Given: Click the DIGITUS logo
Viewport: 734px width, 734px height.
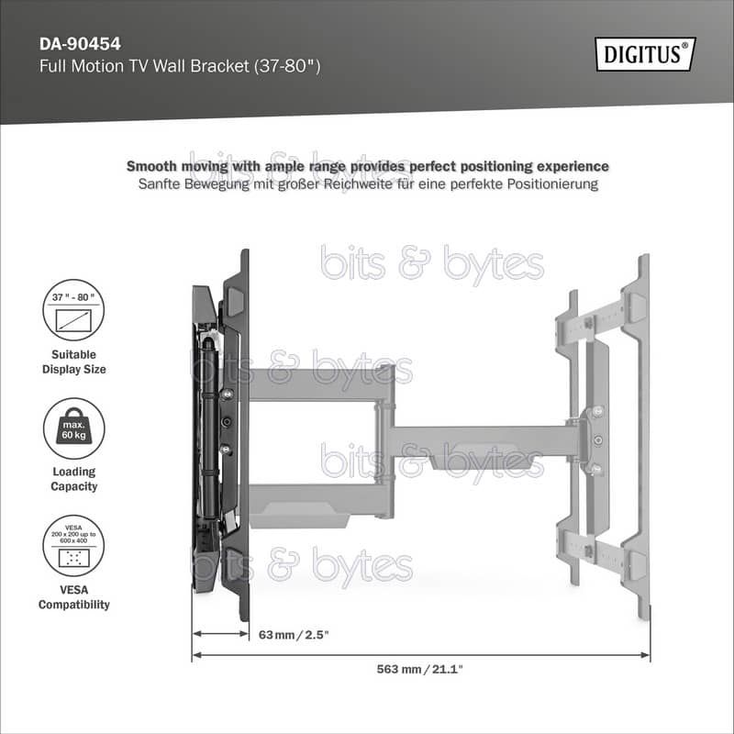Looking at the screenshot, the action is [645, 54].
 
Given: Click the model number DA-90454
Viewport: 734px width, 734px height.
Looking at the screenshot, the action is [80, 44].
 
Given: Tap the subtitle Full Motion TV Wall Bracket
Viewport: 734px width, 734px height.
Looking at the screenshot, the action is [144, 66].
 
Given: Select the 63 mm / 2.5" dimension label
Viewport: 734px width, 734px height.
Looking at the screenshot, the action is [294, 635].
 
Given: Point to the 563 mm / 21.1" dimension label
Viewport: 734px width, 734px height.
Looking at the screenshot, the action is [419, 669].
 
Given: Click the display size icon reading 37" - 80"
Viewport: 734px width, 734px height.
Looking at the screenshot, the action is [73, 310].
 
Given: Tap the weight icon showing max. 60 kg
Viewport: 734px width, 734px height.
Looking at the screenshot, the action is [74, 428].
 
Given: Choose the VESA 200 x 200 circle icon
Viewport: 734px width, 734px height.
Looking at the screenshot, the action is [73, 546].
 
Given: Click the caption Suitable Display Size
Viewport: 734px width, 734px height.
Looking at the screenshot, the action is [74, 361].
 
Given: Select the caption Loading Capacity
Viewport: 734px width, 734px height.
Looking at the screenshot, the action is [74, 479].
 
